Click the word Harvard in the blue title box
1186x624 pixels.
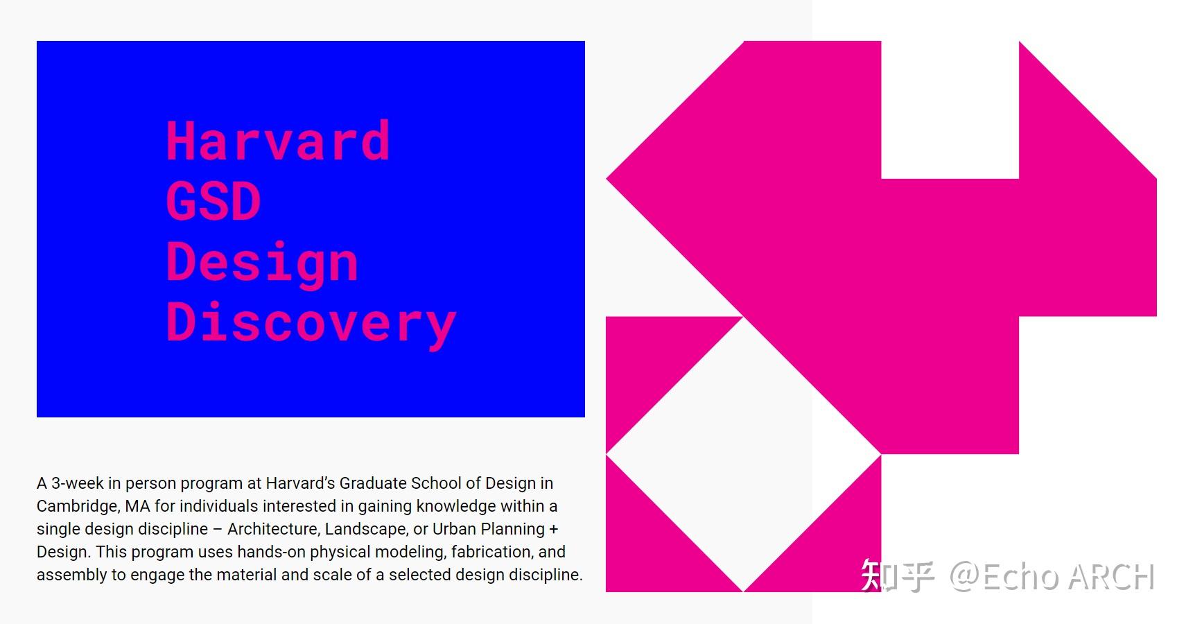[279, 140]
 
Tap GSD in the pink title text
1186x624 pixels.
[213, 201]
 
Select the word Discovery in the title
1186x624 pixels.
[311, 323]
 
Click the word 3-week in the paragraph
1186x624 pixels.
[78, 483]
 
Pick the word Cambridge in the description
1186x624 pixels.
[78, 507]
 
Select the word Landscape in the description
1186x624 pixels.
[365, 529]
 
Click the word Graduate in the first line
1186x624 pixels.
[373, 483]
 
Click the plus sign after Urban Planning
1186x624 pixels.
[554, 529]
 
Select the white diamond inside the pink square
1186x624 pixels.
[743, 454]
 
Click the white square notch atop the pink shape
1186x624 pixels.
[950, 110]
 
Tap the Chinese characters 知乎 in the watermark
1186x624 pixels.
[898, 575]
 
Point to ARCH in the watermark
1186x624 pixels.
[1111, 576]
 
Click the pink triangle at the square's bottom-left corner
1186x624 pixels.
[652, 546]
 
